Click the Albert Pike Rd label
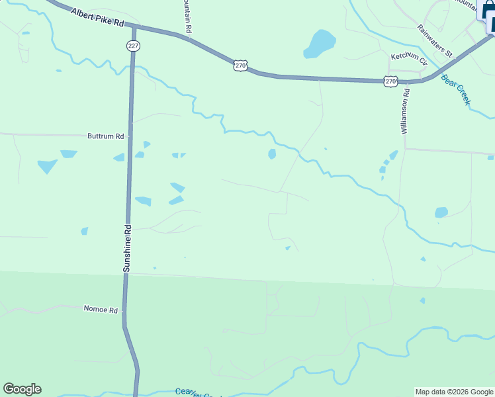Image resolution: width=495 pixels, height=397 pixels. click(x=97, y=18)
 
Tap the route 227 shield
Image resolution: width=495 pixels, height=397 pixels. click(x=134, y=45)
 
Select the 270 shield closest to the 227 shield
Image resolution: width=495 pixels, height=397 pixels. click(x=240, y=65)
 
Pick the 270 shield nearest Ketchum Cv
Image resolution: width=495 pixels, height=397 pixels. click(x=390, y=81)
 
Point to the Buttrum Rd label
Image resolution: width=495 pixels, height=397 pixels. click(x=106, y=136)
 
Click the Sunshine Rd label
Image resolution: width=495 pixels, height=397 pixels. click(x=128, y=248)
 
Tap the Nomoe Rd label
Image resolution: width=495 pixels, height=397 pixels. click(x=101, y=309)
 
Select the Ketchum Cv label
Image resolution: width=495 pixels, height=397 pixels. click(x=409, y=57)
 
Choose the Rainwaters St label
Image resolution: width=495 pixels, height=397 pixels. click(x=433, y=40)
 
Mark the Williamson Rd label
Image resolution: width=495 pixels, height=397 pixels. click(x=406, y=113)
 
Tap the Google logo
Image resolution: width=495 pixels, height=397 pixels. click(x=22, y=389)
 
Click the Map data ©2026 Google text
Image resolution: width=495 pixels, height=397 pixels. click(x=454, y=392)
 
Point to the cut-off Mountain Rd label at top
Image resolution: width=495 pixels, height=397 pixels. click(x=188, y=17)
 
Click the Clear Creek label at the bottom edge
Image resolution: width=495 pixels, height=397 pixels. click(x=196, y=392)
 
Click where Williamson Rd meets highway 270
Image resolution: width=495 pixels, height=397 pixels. click(x=405, y=82)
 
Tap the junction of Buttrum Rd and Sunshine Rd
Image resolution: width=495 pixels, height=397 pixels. click(x=130, y=136)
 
